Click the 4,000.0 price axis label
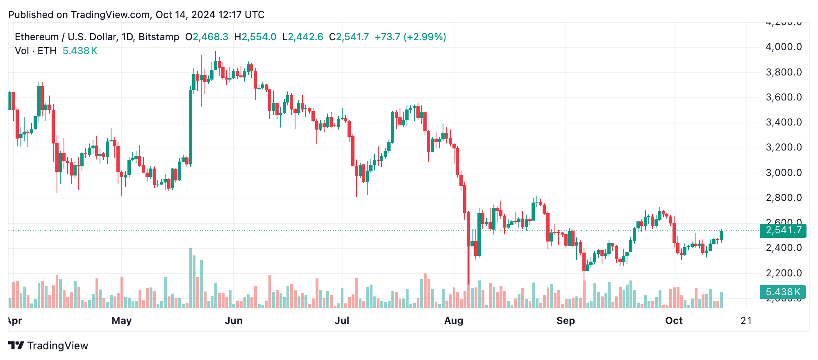tap(783, 47)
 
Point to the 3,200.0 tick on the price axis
tap(783, 148)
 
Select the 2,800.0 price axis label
tap(783, 198)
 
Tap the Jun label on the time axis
tap(234, 321)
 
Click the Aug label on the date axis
tap(454, 321)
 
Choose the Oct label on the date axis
tap(674, 321)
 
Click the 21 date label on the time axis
tap(746, 321)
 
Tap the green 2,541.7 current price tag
tap(783, 230)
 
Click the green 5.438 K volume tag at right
tap(783, 292)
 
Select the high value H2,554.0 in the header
tap(255, 37)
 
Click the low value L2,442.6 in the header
tap(303, 37)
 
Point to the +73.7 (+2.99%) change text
tap(410, 37)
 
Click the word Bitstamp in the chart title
tap(159, 37)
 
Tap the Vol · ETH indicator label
tap(36, 51)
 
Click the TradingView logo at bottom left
tap(48, 346)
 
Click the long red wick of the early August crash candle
tap(468, 267)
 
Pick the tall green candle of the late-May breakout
tap(191, 127)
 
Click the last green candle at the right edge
tap(721, 235)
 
